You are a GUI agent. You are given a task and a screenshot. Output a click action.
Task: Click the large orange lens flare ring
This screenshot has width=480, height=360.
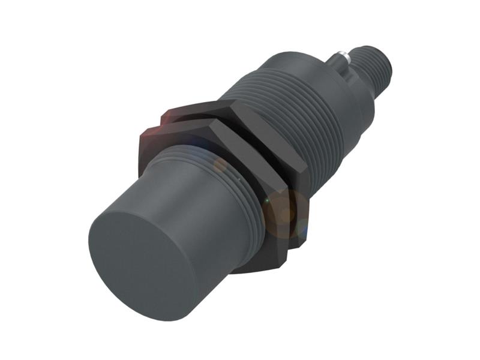pos(282,210)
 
